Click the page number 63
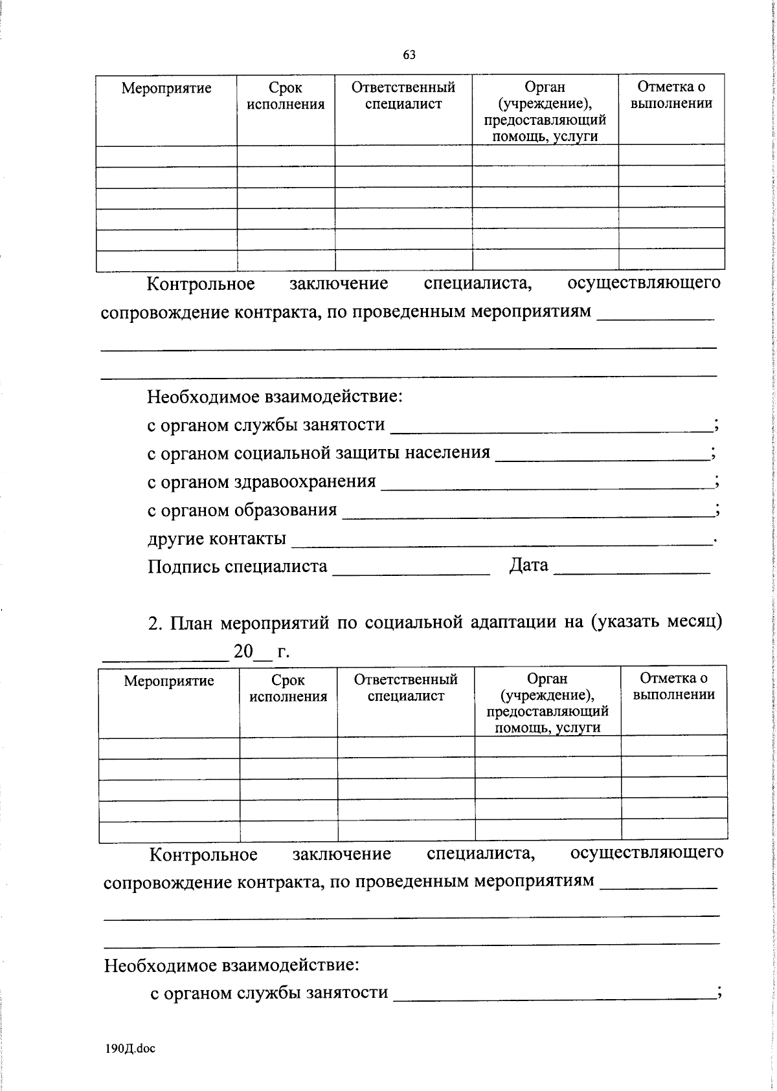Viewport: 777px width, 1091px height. (x=409, y=55)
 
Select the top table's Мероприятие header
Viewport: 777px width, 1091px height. (x=166, y=88)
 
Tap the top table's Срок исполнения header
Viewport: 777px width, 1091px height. (x=286, y=95)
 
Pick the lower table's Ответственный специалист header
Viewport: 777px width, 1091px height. (x=405, y=687)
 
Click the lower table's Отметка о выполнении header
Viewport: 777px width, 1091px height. (x=673, y=686)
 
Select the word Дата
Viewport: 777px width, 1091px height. (x=528, y=566)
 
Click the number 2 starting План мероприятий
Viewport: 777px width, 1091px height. (x=153, y=623)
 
